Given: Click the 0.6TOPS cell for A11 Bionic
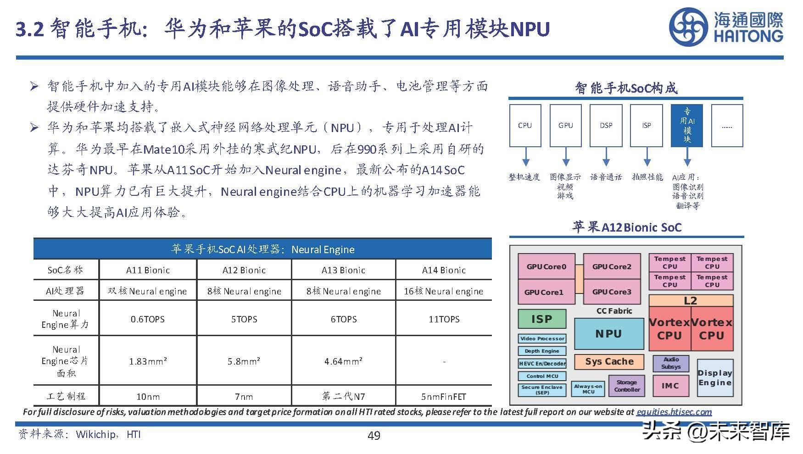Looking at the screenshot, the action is pos(147,319).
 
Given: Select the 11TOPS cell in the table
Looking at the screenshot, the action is pos(444,319).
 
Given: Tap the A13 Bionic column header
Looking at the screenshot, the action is pos(343,270).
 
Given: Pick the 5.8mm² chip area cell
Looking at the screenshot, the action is pos(244,361).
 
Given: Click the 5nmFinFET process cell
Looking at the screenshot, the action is pos(443,397).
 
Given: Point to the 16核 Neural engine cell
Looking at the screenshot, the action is pos(443,291).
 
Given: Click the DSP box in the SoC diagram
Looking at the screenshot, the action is pos(606,125).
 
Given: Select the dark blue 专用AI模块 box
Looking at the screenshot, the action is pos(686,125).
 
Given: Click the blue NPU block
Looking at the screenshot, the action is pos(609,334).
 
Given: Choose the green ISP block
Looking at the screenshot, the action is pos(541,319).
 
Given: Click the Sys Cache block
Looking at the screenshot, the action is pos(609,361).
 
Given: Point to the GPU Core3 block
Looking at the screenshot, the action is pos(612,292).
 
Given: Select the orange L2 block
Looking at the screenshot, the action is pos(690,301).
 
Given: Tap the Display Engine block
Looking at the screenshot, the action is pos(714,378).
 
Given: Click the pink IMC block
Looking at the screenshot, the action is pos(670,386).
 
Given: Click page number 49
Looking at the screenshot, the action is pos(374,436).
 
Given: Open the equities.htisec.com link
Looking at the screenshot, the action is pos(674,412).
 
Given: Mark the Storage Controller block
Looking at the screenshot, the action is pos(627,386).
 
